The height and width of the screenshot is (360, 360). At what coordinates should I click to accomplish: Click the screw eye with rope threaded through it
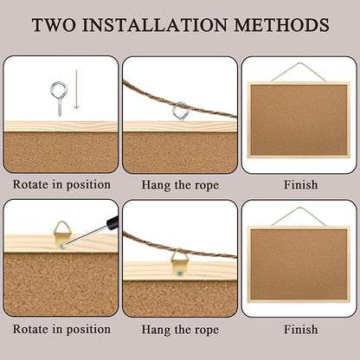180,111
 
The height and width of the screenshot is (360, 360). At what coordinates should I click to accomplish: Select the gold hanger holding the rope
179,260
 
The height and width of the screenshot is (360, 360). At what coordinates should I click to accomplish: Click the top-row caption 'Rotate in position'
61,184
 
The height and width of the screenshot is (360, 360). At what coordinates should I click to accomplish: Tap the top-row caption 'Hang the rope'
179,184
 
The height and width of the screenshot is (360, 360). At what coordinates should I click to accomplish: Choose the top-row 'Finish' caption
299,184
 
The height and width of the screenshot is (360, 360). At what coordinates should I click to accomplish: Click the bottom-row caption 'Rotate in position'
61,329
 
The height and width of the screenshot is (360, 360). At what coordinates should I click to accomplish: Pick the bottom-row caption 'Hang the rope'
179,329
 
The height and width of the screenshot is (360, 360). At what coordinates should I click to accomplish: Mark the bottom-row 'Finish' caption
299,329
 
